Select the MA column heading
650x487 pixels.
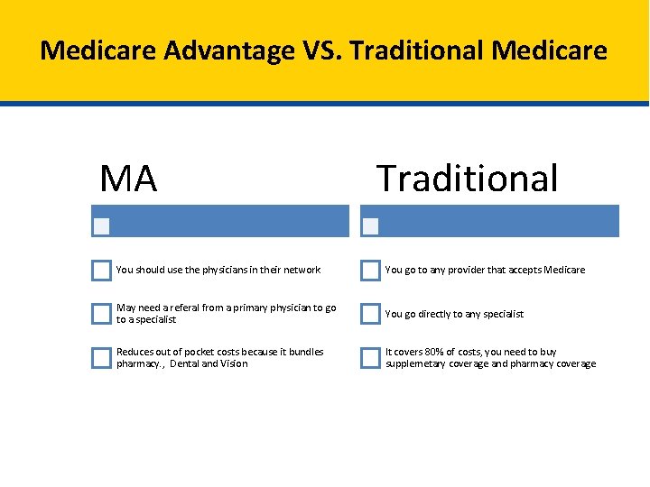pyautogui.click(x=128, y=179)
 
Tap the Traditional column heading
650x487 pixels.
pyautogui.click(x=468, y=179)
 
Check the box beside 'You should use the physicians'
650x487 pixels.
pyautogui.click(x=101, y=270)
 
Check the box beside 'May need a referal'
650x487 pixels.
pyautogui.click(x=101, y=314)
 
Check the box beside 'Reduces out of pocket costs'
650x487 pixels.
pyautogui.click(x=101, y=358)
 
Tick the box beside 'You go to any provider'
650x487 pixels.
pyautogui.click(x=370, y=270)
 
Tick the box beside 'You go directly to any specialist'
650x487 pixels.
pyautogui.click(x=370, y=314)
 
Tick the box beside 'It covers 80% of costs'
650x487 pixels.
pyautogui.click(x=370, y=358)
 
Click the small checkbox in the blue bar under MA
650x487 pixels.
pyautogui.click(x=102, y=225)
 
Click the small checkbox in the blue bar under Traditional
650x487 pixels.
pyautogui.click(x=370, y=225)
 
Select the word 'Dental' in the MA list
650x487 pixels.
pyautogui.click(x=184, y=364)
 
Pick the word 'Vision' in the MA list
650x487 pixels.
pyautogui.click(x=233, y=364)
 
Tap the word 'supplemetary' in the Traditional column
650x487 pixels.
pyautogui.click(x=415, y=364)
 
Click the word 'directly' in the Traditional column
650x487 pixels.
pyautogui.click(x=433, y=314)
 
